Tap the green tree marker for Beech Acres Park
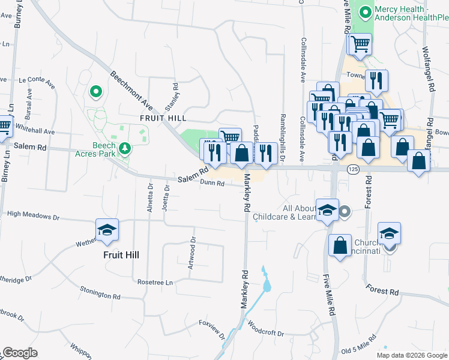coord(125,147)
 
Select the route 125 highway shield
coord(353,170)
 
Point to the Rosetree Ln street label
coord(155,282)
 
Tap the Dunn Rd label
coord(212,183)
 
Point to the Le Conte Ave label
coord(37,79)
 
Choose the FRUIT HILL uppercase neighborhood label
coord(163,118)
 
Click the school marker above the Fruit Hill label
coord(107,230)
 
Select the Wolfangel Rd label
coord(430,60)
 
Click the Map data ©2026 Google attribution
coord(411,355)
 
